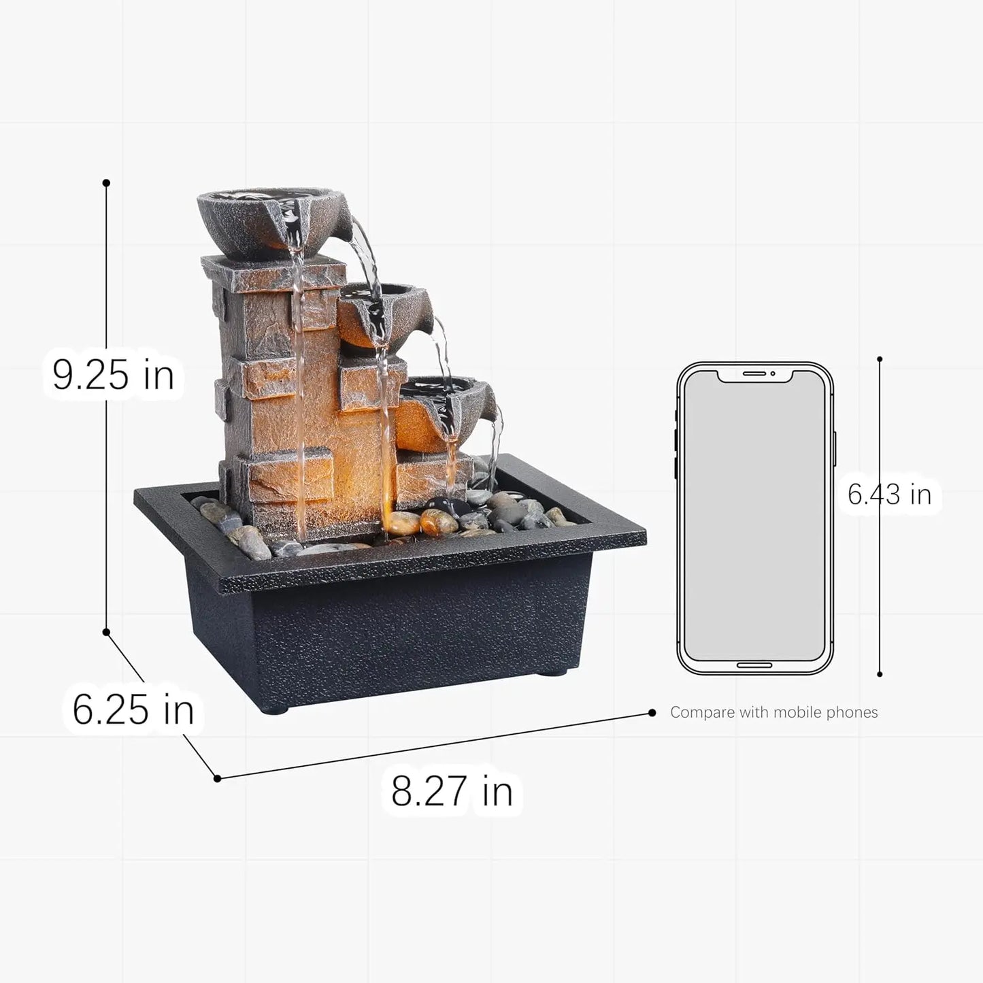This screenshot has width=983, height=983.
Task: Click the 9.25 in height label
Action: tap(113, 376)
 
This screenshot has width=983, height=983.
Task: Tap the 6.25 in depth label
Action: tap(133, 709)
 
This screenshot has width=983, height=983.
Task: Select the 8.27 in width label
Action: tap(452, 790)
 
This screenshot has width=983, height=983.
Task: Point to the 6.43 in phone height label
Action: tap(889, 494)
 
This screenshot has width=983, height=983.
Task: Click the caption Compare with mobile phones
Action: tap(774, 712)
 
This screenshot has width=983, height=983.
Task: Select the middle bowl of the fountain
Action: tap(385, 316)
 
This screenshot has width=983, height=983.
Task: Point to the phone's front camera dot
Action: tap(773, 374)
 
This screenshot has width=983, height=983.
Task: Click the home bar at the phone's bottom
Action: tap(755, 665)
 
